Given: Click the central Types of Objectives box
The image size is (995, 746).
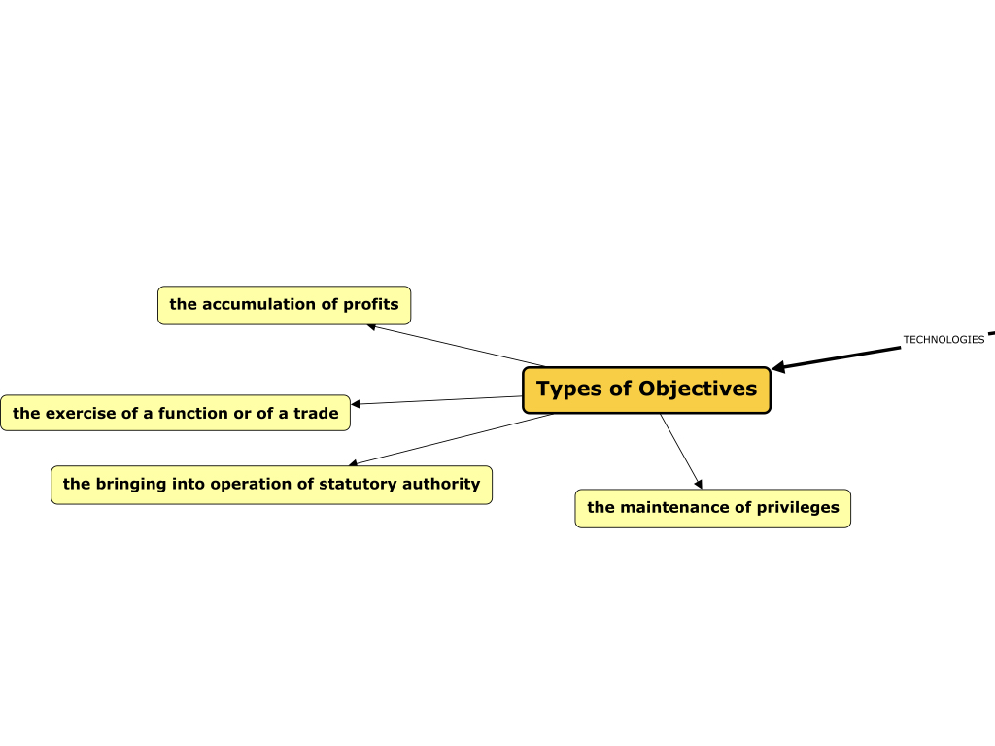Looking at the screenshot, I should pos(646,390).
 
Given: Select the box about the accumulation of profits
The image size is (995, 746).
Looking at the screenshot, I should pos(284,305).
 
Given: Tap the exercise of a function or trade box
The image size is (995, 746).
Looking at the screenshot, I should pos(175,413).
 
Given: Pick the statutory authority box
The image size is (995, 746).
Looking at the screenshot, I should pos(271,484).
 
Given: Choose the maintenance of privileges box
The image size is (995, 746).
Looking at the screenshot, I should pos(712,508).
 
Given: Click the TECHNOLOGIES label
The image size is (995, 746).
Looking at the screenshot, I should pos(943,340).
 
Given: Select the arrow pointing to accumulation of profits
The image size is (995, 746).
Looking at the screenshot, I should pos(457,346).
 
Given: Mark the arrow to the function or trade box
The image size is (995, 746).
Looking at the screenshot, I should pos(437,400).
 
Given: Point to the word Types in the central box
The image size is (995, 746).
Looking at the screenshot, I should pos(569,390).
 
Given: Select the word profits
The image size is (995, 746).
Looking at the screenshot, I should pos(370,305).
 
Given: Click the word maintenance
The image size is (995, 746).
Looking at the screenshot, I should pos(675,508).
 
